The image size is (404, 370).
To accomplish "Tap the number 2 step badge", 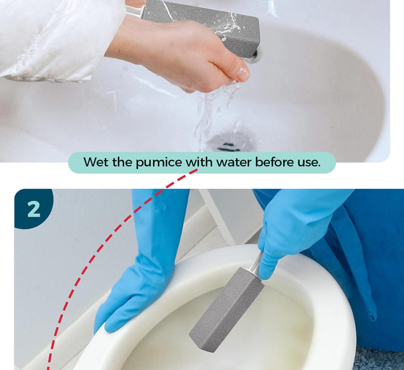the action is (x=34, y=208).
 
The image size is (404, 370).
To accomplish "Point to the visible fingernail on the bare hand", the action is (x=242, y=73).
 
